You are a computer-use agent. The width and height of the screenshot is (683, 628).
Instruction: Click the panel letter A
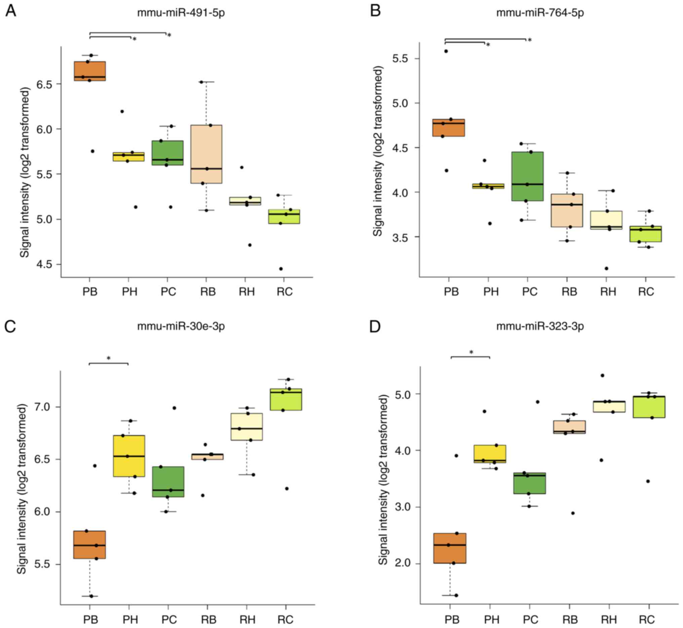[10, 11]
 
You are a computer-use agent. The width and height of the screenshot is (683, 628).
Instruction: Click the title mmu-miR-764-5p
[540, 13]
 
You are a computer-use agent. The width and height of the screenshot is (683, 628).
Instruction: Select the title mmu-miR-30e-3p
[181, 326]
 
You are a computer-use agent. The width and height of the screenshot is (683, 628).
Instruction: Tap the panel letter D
[375, 326]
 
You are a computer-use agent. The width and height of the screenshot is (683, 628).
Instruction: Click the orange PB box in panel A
[90, 71]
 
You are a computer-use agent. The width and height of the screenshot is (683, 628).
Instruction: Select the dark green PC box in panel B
[527, 176]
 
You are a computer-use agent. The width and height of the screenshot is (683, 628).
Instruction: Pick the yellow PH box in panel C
[129, 456]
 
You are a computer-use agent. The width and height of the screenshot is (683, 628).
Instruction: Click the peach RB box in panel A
[206, 154]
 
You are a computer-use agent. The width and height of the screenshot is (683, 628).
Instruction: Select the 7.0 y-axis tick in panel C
[43, 407]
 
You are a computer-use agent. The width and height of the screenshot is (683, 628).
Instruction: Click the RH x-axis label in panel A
[247, 291]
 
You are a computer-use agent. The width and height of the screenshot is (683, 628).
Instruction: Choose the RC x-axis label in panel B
[646, 291]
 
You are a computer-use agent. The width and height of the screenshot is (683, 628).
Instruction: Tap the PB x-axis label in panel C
[90, 620]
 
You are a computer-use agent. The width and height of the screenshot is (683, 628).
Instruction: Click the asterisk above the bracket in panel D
[471, 352]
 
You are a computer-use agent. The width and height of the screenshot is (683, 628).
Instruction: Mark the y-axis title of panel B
[378, 151]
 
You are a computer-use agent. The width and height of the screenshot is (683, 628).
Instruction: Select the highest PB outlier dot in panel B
[446, 51]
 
